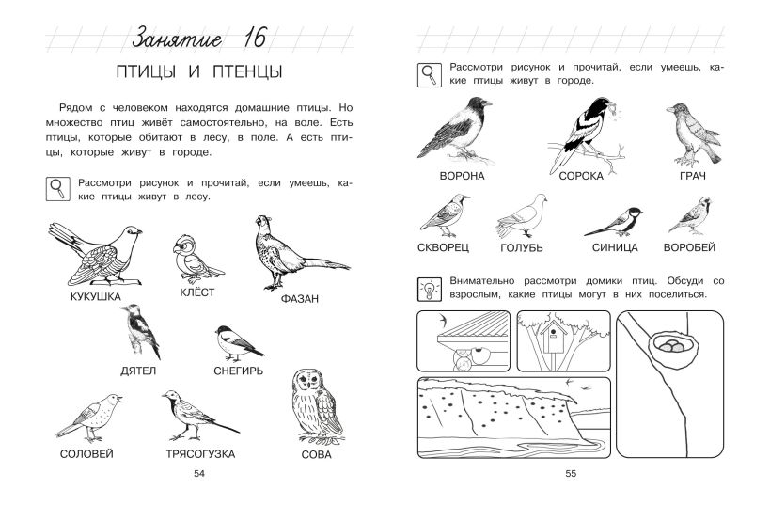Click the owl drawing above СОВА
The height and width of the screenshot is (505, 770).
click(317, 405)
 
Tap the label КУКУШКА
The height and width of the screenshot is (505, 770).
click(96, 297)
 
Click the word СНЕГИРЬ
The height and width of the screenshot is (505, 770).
click(238, 371)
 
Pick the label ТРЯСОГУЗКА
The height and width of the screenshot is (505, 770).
click(200, 454)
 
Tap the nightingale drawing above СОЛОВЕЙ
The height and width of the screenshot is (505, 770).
click(89, 417)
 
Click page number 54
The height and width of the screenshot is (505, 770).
click(199, 474)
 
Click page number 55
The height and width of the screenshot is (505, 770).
click(571, 474)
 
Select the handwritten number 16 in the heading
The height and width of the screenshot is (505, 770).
click(254, 38)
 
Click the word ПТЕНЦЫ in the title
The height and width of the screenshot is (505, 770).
click(247, 71)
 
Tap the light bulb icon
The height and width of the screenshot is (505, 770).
click(430, 290)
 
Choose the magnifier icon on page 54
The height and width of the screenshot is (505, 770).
click(58, 189)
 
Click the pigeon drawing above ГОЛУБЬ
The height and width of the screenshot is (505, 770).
click(522, 216)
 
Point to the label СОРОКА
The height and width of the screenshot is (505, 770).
click(581, 176)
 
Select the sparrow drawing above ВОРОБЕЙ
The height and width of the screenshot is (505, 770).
click(690, 215)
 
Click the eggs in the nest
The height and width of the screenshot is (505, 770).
click(671, 346)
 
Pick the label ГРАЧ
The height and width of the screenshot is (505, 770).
click(693, 176)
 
